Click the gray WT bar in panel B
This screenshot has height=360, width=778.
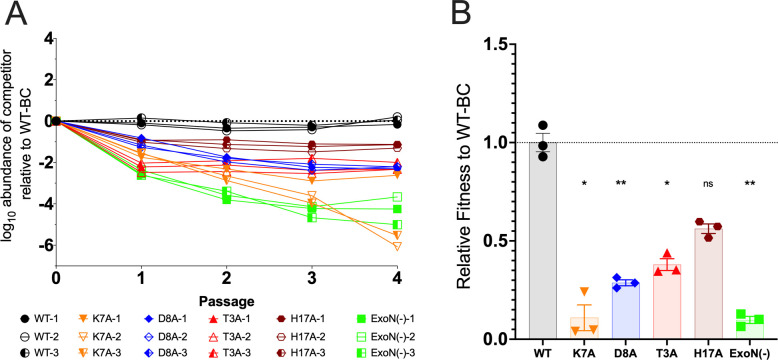point(542,240)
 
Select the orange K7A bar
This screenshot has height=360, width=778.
point(584,328)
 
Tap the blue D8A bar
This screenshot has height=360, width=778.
point(625,311)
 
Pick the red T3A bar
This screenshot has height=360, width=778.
point(667,301)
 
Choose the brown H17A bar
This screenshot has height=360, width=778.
point(708,284)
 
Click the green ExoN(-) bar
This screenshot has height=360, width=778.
point(749,329)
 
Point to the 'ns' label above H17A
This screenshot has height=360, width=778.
point(708,184)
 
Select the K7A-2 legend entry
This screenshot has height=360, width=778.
point(103,337)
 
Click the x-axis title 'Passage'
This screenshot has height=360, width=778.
point(227,301)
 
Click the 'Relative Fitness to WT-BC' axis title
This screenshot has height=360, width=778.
point(464,191)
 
